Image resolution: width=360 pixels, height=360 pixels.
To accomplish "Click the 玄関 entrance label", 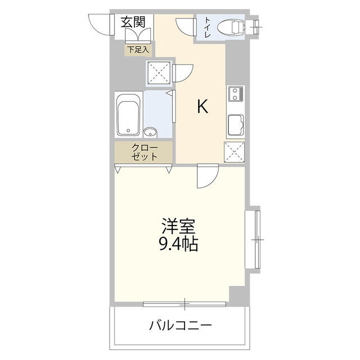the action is pyautogui.click(x=133, y=22).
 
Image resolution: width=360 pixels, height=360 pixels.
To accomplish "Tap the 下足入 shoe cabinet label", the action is pyautogui.click(x=138, y=49).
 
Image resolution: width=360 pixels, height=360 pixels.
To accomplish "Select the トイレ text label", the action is pyautogui.click(x=208, y=28).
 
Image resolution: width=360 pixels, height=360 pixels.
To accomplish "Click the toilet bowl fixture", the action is pyautogui.click(x=231, y=27).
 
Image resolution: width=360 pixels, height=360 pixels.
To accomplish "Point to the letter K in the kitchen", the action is pyautogui.click(x=202, y=106).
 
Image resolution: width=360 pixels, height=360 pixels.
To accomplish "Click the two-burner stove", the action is pyautogui.click(x=235, y=94).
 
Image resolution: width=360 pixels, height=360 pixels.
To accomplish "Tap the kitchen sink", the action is pyautogui.click(x=235, y=125).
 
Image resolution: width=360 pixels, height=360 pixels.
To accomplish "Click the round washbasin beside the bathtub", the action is pyautogui.click(x=150, y=133).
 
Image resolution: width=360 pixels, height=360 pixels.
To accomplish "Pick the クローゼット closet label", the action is pyautogui.click(x=145, y=152).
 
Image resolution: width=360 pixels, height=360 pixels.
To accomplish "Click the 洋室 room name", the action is pyautogui.click(x=179, y=226).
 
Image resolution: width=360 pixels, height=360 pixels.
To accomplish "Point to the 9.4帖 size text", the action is pyautogui.click(x=178, y=244).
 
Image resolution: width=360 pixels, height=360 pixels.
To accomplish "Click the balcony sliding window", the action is pyautogui.click(x=184, y=304).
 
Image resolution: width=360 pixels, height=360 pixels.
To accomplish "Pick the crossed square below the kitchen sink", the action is pyautogui.click(x=234, y=152).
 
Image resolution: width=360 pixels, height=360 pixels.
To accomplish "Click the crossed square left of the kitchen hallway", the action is pyautogui.click(x=159, y=71).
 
